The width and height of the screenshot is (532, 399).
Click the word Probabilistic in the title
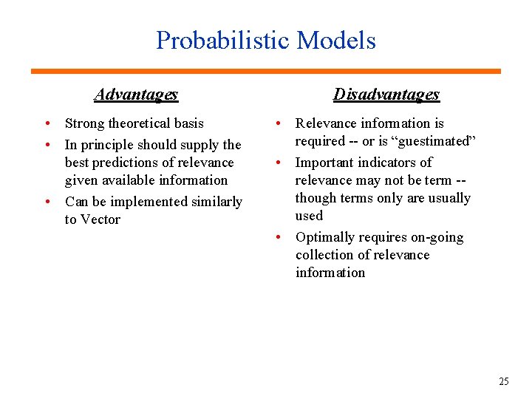[x=223, y=40]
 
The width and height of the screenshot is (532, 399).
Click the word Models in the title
[x=336, y=40]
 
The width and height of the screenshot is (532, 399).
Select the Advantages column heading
[x=136, y=95]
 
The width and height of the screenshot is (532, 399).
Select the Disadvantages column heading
[x=386, y=95]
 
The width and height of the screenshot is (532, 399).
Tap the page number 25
[x=504, y=381]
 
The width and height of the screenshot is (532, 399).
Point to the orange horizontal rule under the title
[x=265, y=71]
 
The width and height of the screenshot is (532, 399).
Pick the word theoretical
[x=140, y=123]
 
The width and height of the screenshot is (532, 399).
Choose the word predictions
[x=125, y=163]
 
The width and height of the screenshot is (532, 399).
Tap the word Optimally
[x=324, y=237]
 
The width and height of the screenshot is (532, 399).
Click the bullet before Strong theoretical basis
[x=47, y=123]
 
